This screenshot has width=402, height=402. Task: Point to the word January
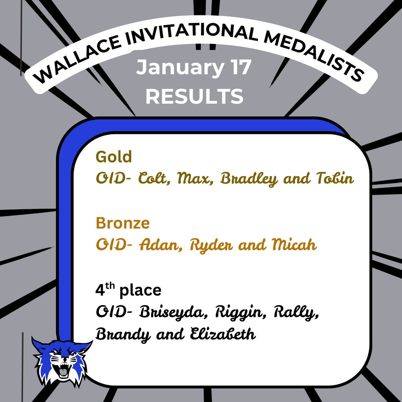[175, 68]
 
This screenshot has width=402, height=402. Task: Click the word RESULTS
[194, 96]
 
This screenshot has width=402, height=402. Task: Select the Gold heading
[114, 157]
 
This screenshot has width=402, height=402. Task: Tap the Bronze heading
[122, 223]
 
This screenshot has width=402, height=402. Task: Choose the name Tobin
[335, 179]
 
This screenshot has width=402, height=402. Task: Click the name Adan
[159, 245]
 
